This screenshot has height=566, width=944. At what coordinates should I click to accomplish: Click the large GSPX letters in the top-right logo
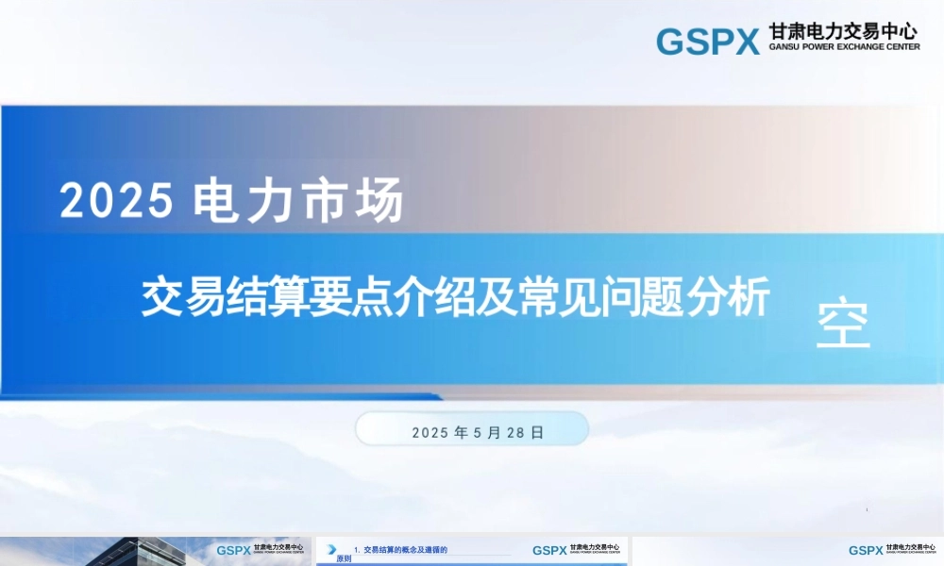tap(707, 42)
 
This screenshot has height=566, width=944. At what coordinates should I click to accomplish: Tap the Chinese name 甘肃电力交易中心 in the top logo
tap(844, 32)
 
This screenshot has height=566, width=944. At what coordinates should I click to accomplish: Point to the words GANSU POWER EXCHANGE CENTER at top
tap(844, 46)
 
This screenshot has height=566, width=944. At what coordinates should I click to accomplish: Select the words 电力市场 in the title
tap(298, 200)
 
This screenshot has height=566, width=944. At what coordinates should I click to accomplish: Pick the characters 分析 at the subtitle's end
tap(733, 296)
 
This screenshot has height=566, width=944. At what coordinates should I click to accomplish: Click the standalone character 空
tap(843, 325)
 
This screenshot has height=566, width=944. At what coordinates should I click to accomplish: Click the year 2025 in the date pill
tap(430, 432)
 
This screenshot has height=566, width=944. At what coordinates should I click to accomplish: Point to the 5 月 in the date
tap(487, 432)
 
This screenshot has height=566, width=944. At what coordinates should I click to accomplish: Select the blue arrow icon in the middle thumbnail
tap(331, 549)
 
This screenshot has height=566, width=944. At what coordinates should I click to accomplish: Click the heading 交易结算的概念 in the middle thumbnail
tap(396, 549)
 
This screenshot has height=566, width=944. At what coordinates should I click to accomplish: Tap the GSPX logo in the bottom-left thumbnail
tap(233, 550)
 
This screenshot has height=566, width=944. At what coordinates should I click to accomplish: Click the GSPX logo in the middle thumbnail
tap(549, 550)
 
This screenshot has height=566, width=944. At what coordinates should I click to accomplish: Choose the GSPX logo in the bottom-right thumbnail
tap(866, 550)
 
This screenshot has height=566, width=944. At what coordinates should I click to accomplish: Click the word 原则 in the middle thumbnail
tap(345, 559)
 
